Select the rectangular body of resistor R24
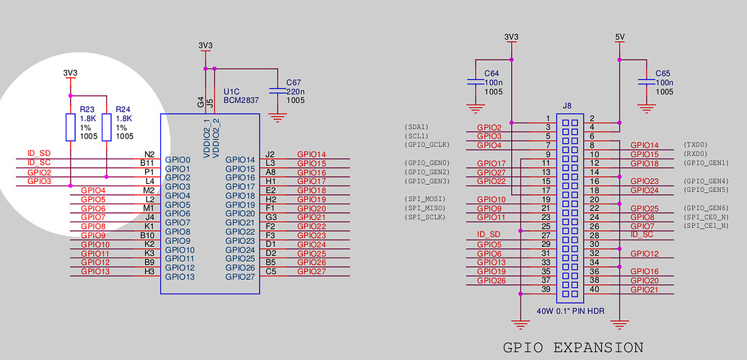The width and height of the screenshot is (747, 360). pyautogui.click(x=106, y=127)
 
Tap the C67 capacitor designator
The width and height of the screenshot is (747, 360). pyautogui.click(x=294, y=82)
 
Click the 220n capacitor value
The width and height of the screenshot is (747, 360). pyautogui.click(x=295, y=92)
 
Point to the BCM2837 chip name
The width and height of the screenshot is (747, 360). pyautogui.click(x=240, y=101)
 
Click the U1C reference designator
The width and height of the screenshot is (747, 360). pyautogui.click(x=232, y=92)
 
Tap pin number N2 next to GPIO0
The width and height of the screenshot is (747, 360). pyautogui.click(x=149, y=154)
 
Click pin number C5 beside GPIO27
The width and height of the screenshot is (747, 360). pyautogui.click(x=271, y=272)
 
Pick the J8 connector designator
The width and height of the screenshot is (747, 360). pyautogui.click(x=567, y=105)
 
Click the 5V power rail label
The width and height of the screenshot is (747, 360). pyautogui.click(x=620, y=36)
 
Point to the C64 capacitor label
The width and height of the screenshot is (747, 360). pyautogui.click(x=492, y=74)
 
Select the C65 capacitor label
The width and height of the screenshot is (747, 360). pyautogui.click(x=663, y=74)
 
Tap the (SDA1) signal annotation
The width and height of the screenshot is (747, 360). pyautogui.click(x=416, y=127)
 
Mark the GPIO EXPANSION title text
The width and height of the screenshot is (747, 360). pyautogui.click(x=572, y=348)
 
